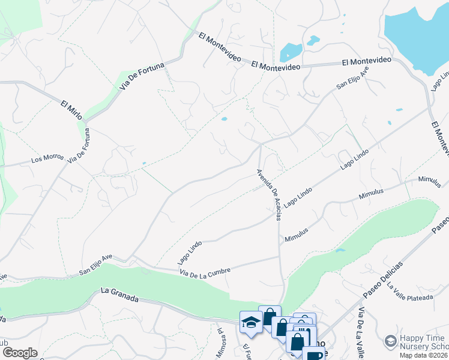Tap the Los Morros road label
47,158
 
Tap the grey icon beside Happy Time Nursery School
390,341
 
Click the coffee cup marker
313,356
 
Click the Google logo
19,353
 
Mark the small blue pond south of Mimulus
340,250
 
